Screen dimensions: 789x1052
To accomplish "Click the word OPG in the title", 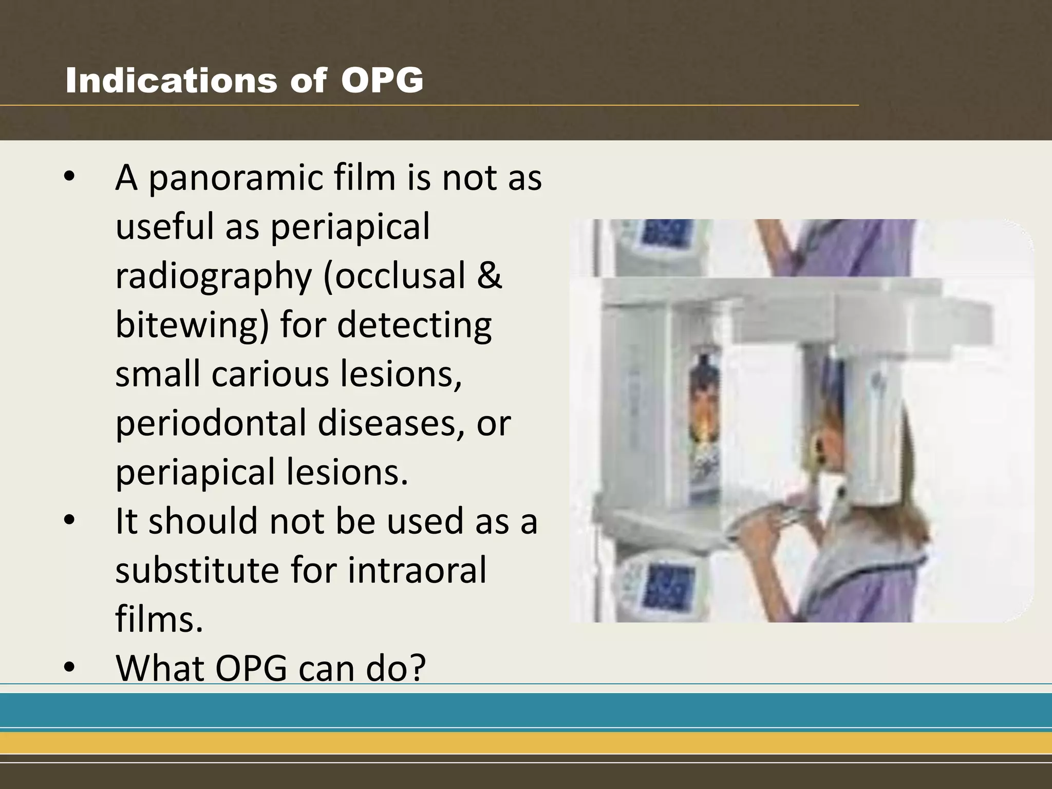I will pos(382,81).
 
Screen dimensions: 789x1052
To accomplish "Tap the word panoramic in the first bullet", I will pos(236,178).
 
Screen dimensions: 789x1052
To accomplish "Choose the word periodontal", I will pos(211,423).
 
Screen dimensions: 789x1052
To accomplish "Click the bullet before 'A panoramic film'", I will pos(69,178).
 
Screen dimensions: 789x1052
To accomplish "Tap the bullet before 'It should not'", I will pos(69,522).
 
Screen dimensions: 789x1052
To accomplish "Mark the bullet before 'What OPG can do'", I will pos(69,668).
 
